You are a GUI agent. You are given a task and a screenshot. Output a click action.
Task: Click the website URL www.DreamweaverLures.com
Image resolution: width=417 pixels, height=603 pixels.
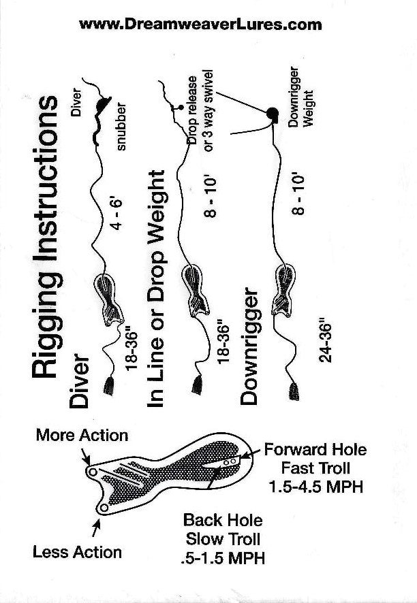(200, 25)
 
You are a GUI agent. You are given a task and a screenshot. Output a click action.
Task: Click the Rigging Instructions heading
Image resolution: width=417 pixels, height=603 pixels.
(47, 237)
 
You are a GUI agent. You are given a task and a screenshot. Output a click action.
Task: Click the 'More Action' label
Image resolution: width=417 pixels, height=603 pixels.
(82, 435)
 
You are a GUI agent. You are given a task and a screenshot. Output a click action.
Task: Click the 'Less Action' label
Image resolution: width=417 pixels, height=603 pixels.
(77, 552)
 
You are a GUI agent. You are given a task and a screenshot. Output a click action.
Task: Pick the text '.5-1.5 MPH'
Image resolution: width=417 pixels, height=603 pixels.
(223, 557)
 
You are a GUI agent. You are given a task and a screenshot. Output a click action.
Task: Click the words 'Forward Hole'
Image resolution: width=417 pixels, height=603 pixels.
(315, 450)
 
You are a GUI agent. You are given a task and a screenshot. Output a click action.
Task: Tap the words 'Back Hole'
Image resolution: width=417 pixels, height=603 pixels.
(223, 521)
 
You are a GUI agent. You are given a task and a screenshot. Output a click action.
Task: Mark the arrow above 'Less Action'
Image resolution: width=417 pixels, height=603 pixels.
(96, 525)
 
